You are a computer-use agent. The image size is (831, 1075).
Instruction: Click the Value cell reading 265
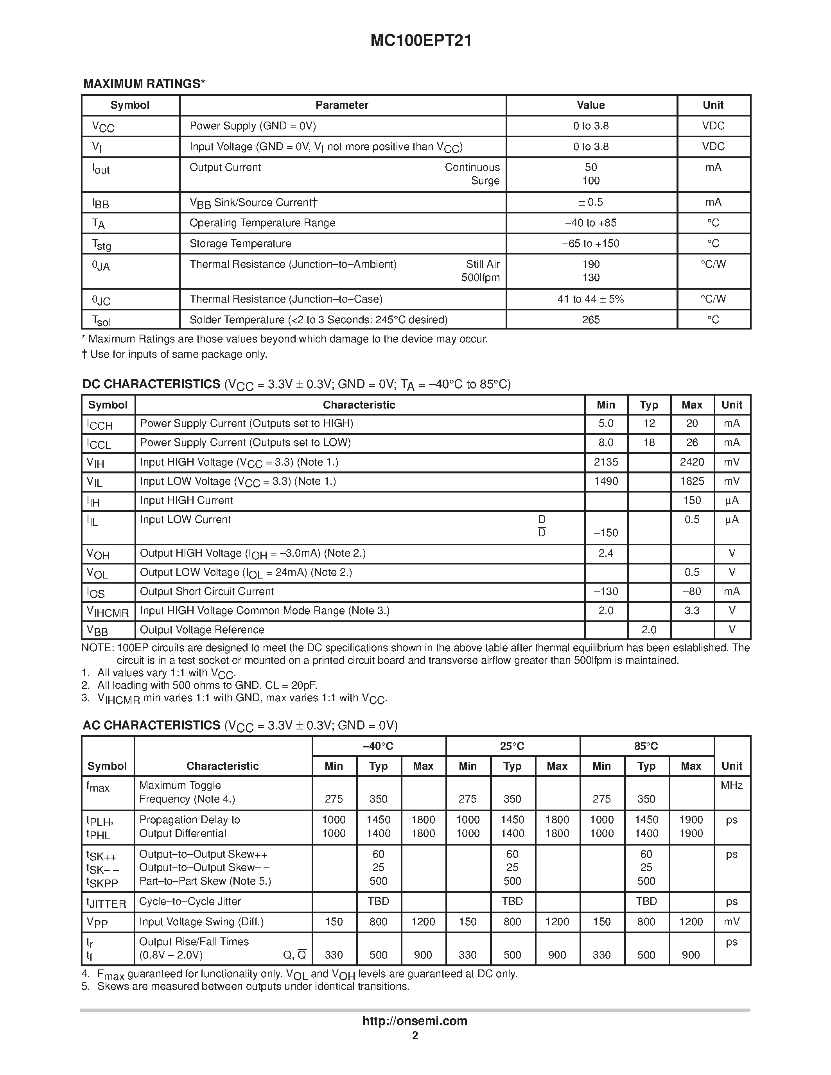pos(591,320)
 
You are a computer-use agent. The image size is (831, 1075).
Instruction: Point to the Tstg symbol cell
pos(102,245)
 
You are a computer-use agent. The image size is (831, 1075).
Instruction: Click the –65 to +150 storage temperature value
pos(591,244)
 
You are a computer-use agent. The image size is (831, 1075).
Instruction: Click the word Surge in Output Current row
pos(485,181)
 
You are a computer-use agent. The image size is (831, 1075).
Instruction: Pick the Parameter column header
pos(342,105)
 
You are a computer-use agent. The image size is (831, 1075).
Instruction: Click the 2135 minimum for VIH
pos(605,462)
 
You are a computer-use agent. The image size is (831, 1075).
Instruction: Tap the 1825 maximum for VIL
pos(692,481)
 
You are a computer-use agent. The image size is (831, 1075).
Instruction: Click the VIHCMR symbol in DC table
pos(108,612)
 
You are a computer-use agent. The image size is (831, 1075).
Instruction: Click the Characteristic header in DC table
pos(359,405)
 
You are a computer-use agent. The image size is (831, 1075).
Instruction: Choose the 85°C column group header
pos(646,746)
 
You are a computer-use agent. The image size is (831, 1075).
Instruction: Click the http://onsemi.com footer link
pos(415,1021)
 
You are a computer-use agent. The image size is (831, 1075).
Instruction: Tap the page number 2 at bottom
pos(415,1036)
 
